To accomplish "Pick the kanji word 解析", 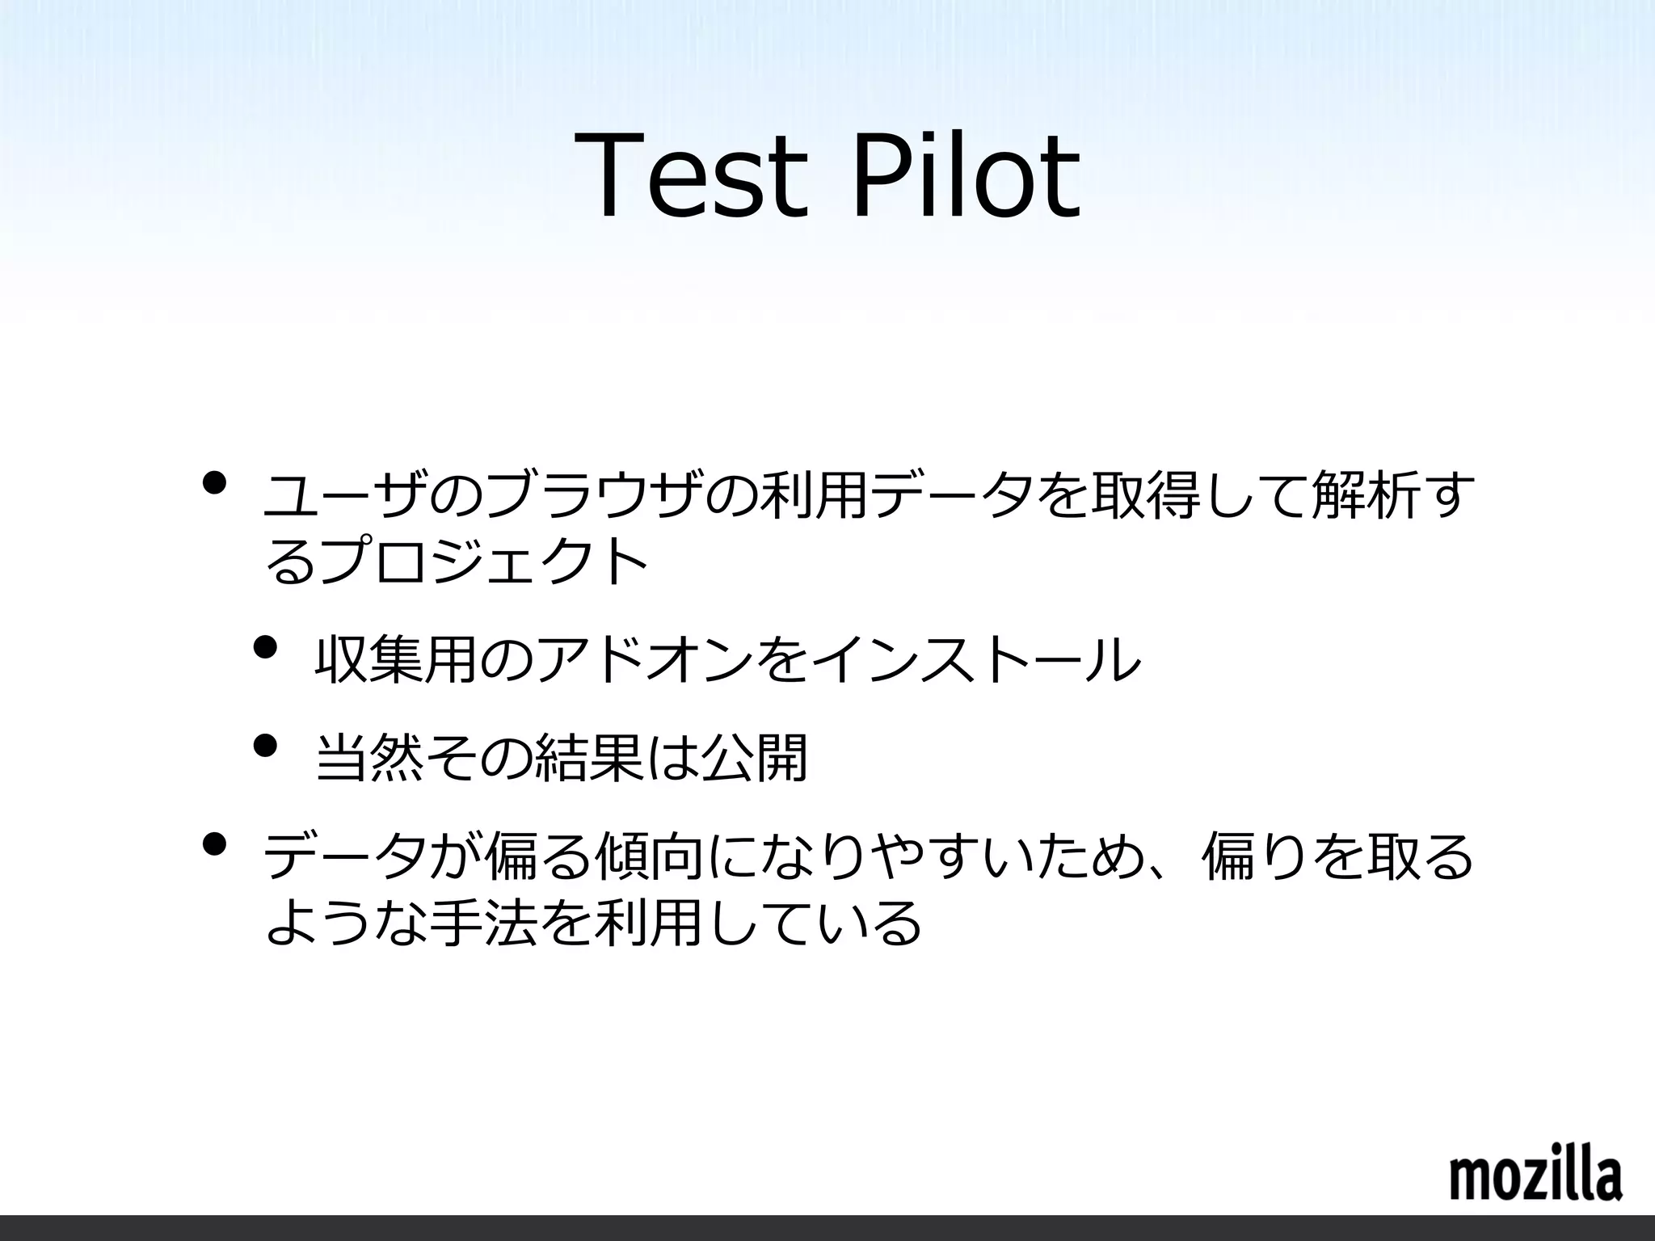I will pos(1366,496).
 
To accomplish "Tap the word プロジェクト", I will pos(485,561).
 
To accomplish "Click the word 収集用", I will pos(396,659).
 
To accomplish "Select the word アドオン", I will pos(642,659).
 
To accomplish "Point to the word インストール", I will pos(974,659).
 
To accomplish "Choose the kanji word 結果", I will pos(589,758).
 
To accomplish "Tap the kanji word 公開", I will pos(754,758).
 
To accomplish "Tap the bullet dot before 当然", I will pos(264,745).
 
